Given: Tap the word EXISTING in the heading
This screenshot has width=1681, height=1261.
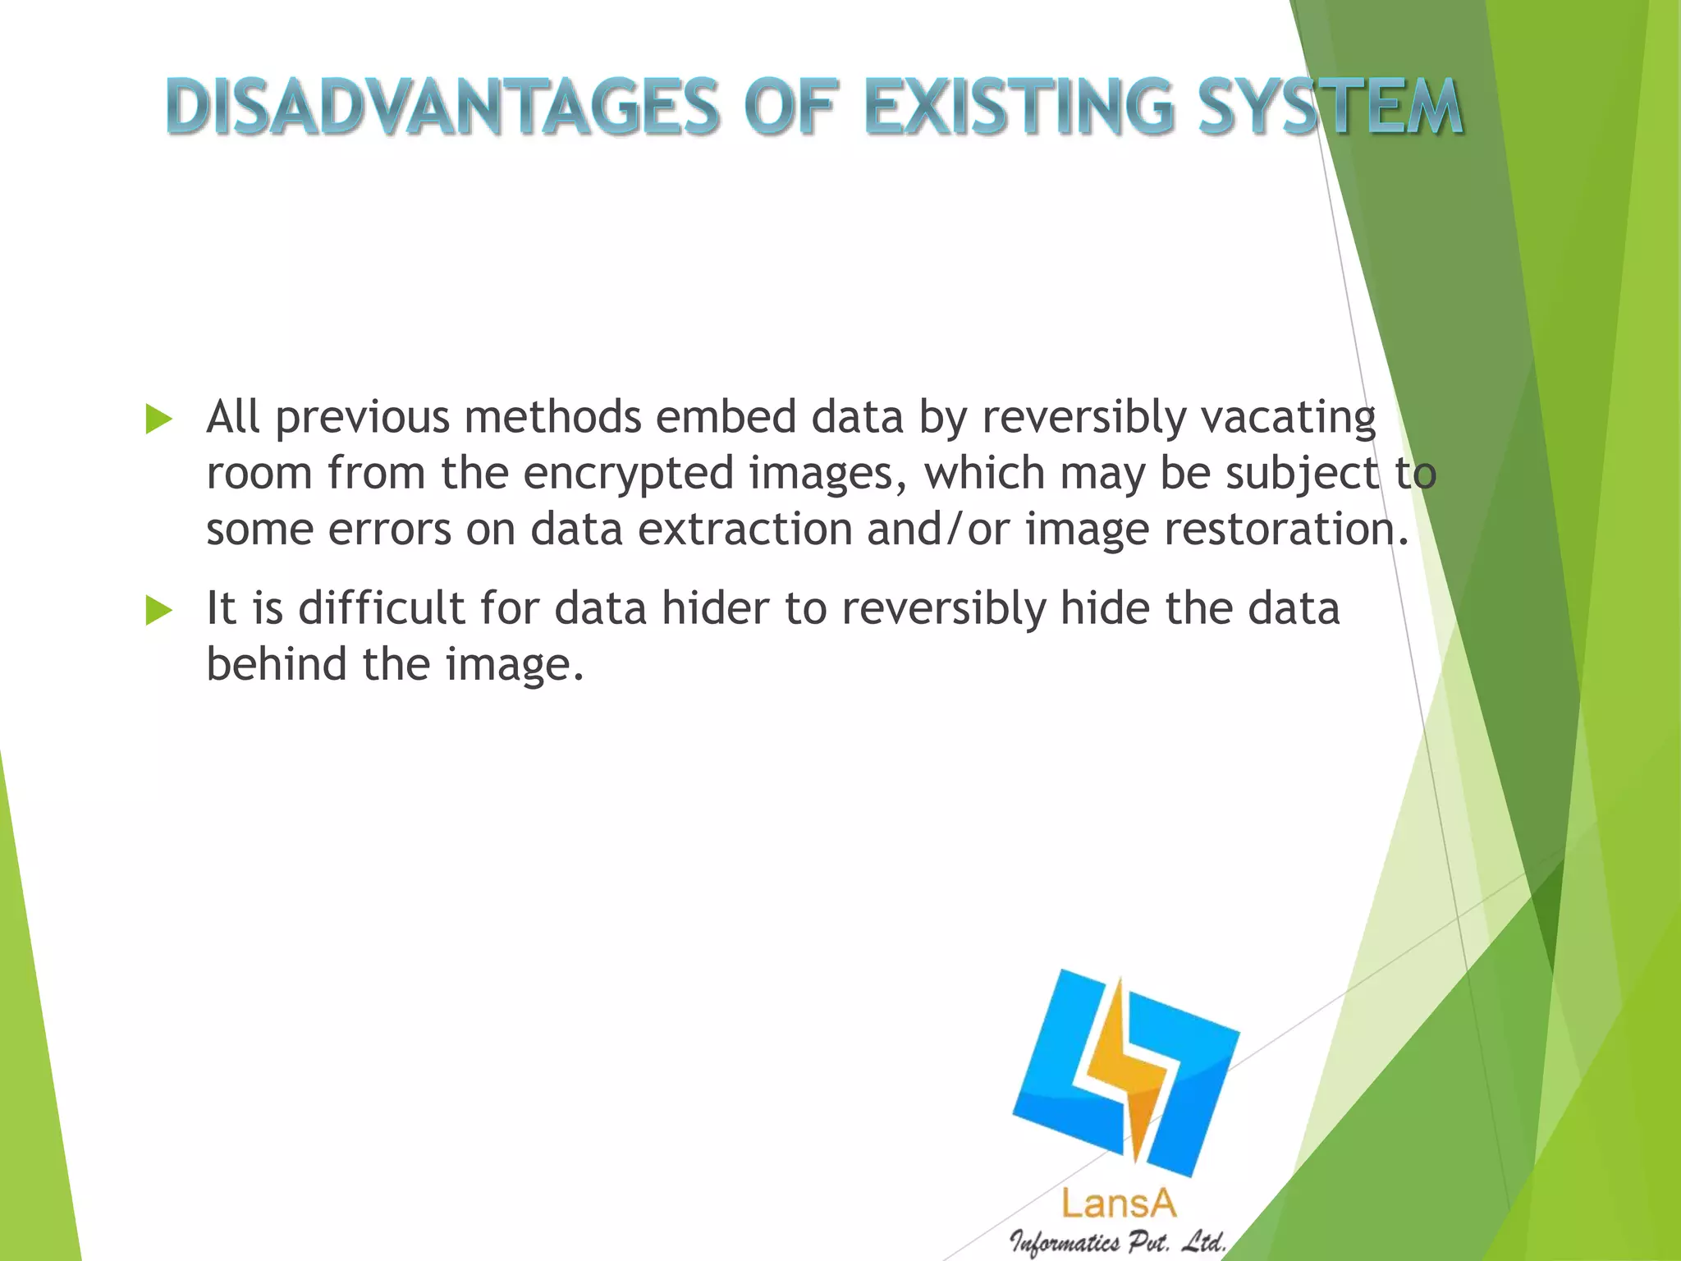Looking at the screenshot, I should coord(1018,108).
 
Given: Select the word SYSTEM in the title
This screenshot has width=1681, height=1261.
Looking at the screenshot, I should coord(1331,108).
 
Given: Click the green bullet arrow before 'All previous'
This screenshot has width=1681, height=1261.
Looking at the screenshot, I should coord(158,420).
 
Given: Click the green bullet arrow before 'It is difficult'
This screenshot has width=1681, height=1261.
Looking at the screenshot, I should coord(158,611).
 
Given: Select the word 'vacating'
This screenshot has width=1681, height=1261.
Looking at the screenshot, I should coord(1288,417).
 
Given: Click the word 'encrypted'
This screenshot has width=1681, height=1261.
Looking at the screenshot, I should coord(628,474).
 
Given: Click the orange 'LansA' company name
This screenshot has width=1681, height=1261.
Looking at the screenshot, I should coord(1118,1204).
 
